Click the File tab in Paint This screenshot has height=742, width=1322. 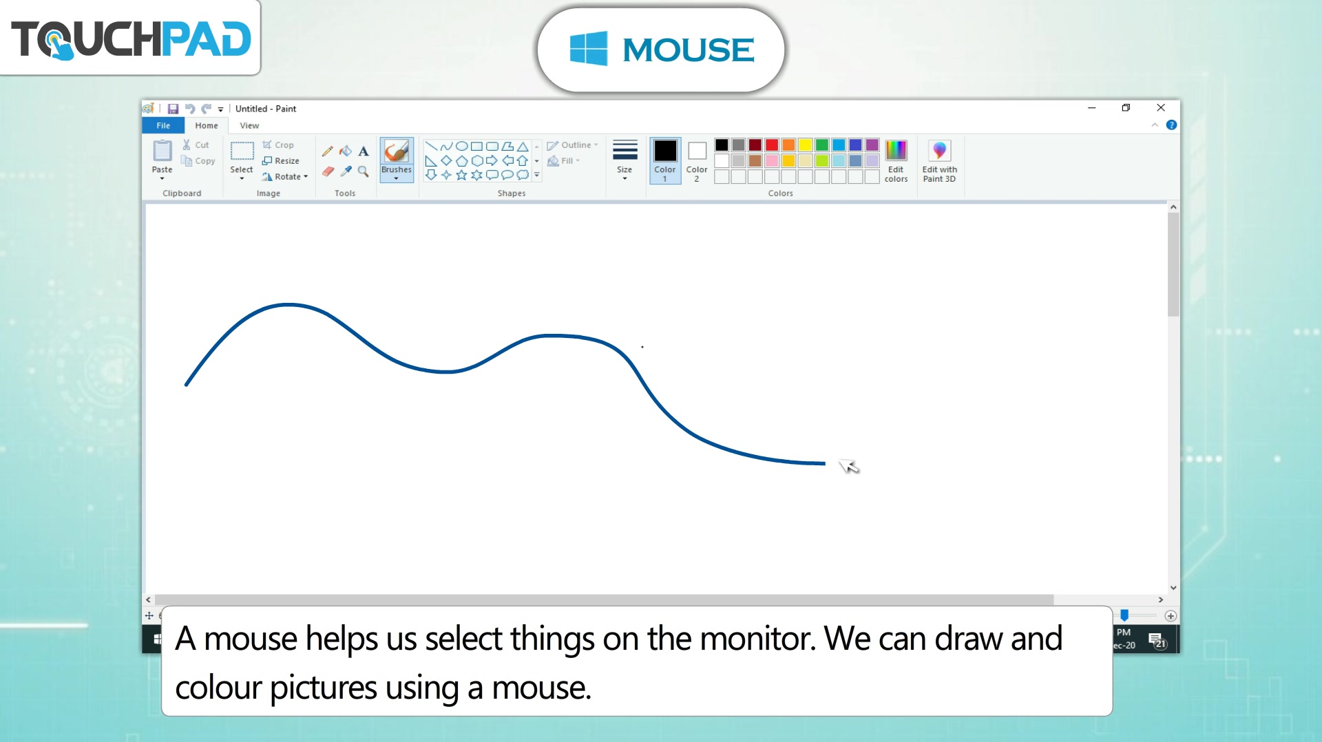point(163,125)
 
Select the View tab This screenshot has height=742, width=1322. point(249,125)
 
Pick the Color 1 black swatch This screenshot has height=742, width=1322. point(665,151)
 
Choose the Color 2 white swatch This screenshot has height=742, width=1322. point(697,151)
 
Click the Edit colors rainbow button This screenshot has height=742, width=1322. point(896,150)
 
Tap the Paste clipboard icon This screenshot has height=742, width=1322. point(162,150)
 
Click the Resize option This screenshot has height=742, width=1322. point(281,160)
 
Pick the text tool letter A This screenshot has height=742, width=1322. point(364,151)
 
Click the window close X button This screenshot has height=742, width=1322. point(1161,107)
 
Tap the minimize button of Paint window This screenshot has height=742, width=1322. point(1091,107)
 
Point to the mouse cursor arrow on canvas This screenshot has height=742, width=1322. point(849,466)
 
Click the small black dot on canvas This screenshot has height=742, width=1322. point(642,347)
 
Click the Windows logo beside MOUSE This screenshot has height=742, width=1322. point(589,48)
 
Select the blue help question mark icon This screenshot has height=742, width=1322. point(1171,125)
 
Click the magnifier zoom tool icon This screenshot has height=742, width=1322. point(364,171)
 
